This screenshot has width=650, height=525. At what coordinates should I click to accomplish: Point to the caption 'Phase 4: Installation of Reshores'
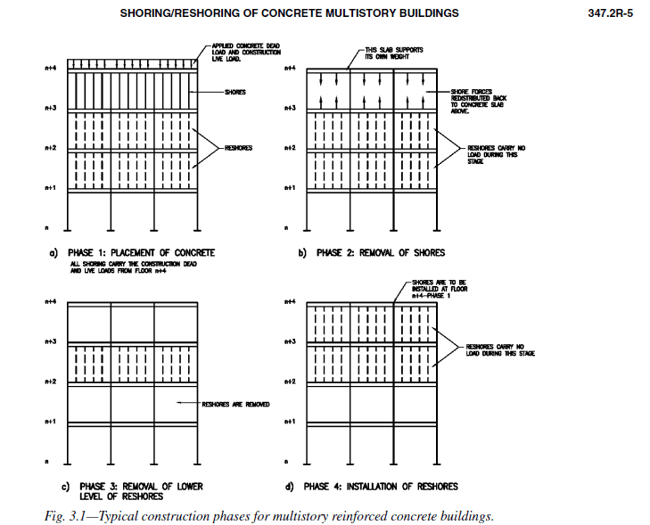[381, 487]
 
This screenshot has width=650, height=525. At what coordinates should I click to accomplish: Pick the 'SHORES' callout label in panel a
[236, 91]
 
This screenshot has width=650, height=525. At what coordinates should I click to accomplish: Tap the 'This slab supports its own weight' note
[392, 53]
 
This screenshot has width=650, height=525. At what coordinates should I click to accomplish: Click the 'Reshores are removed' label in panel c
[236, 404]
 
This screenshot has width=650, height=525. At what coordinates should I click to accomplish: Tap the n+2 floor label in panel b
[289, 148]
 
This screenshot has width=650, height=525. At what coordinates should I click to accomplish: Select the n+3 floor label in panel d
[289, 341]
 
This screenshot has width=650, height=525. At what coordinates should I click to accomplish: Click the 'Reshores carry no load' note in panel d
[499, 349]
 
